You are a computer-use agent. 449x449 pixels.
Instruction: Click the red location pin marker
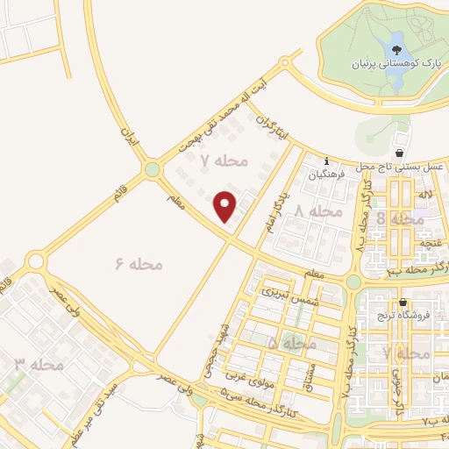pos(226,206)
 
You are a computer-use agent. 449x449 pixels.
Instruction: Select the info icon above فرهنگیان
pos(326,161)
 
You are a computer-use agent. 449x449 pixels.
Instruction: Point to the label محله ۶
pos(139,262)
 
